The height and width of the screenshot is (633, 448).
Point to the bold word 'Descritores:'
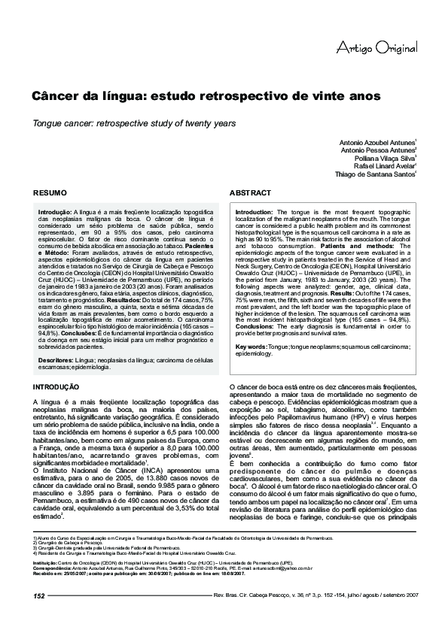pos(56,360)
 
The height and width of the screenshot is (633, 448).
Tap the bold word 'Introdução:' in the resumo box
pos(55,213)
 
